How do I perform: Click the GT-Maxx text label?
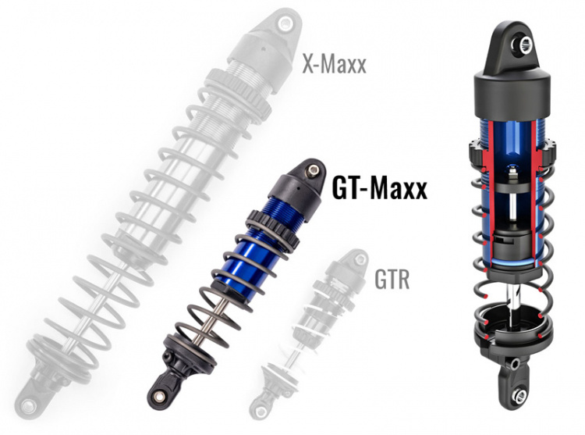click(379, 188)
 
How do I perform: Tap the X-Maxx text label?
click(334, 64)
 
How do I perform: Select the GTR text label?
click(391, 279)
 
